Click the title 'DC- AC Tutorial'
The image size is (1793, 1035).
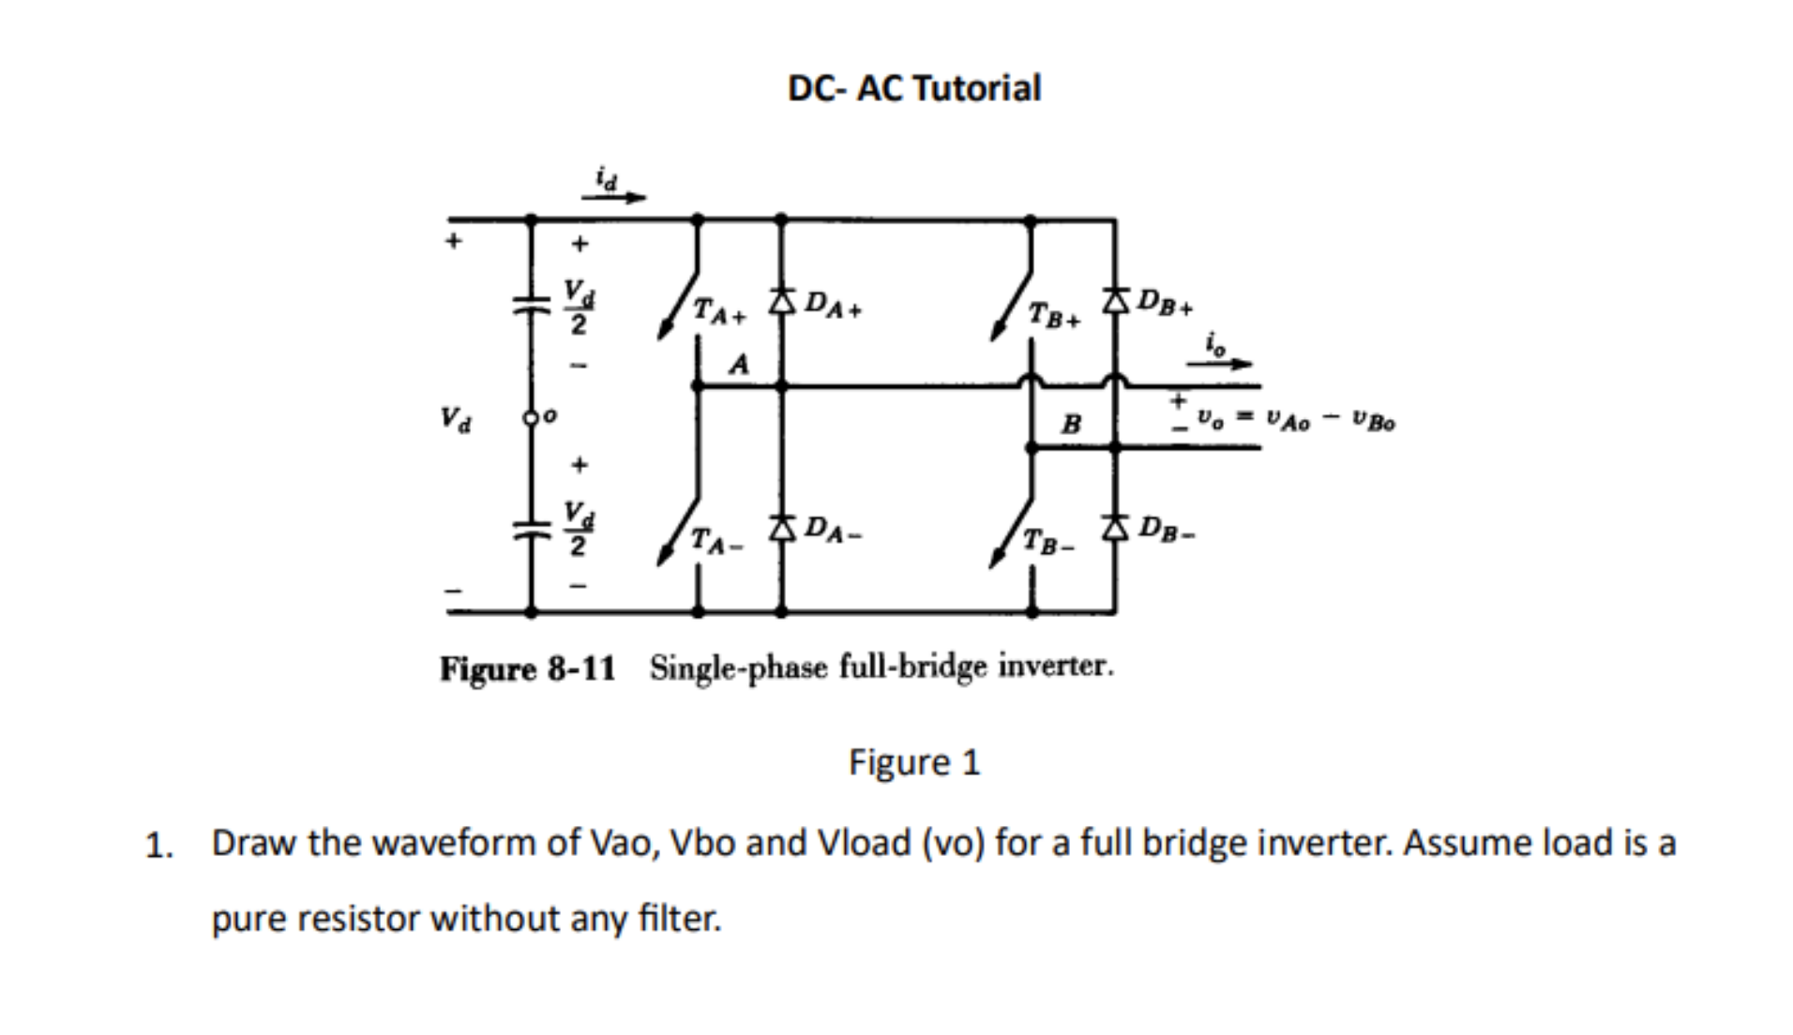pyautogui.click(x=913, y=88)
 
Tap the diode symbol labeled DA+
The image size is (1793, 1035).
pyautogui.click(x=781, y=302)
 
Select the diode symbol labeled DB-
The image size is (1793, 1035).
pyautogui.click(x=1114, y=528)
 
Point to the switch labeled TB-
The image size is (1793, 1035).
pyautogui.click(x=1013, y=534)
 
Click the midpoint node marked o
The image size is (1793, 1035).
pyautogui.click(x=531, y=416)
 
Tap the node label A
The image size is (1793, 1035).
pyautogui.click(x=739, y=364)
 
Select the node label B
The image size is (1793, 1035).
pyautogui.click(x=1070, y=424)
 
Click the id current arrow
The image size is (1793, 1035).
pyautogui.click(x=613, y=197)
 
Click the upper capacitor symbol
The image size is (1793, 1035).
pyautogui.click(x=531, y=305)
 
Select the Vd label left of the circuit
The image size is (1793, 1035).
pyautogui.click(x=457, y=418)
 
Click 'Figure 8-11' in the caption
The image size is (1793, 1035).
pyautogui.click(x=527, y=668)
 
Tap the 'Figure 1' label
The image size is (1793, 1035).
pyautogui.click(x=913, y=762)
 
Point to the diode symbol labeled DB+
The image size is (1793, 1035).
pyautogui.click(x=1114, y=301)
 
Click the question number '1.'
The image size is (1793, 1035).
pyautogui.click(x=159, y=847)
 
